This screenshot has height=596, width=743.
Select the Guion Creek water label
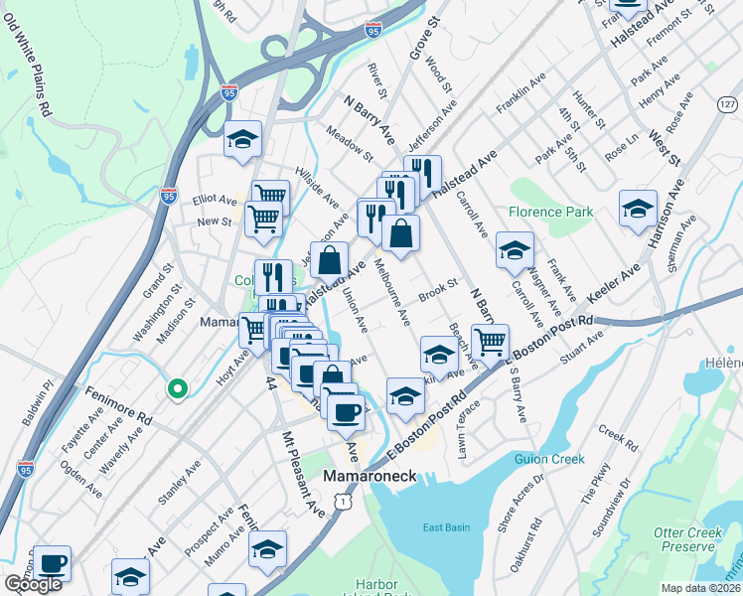point(549,459)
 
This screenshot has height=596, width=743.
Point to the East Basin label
point(445,527)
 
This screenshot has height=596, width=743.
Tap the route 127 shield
point(728,103)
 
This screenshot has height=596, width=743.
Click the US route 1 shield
point(343,505)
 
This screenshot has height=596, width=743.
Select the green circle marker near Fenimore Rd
point(177,389)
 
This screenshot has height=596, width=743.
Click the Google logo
point(33,584)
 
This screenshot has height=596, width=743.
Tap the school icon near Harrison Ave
point(638,208)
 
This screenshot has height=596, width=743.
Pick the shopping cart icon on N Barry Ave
point(490,341)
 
